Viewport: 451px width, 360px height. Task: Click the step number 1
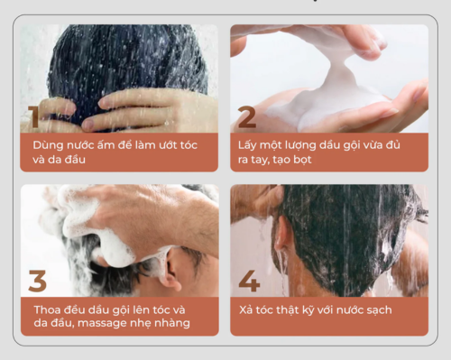pyautogui.click(x=33, y=116)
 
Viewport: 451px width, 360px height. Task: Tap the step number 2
pyautogui.click(x=247, y=117)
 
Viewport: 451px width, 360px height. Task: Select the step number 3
pyautogui.click(x=38, y=281)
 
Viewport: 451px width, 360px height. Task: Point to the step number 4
pyautogui.click(x=249, y=281)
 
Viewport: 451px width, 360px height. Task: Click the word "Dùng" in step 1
pyautogui.click(x=48, y=145)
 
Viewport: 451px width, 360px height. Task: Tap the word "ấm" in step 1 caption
pyautogui.click(x=106, y=145)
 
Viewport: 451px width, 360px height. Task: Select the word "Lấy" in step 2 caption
pyautogui.click(x=247, y=145)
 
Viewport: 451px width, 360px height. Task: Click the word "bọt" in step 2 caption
pyautogui.click(x=302, y=160)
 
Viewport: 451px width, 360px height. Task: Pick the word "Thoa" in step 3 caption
pyautogui.click(x=47, y=309)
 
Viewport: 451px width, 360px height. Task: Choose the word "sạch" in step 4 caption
pyautogui.click(x=379, y=310)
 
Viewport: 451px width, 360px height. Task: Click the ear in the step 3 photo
pyautogui.click(x=171, y=268)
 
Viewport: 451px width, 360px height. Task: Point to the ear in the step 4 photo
pyautogui.click(x=281, y=233)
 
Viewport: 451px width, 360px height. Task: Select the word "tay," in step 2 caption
pyautogui.click(x=260, y=160)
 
